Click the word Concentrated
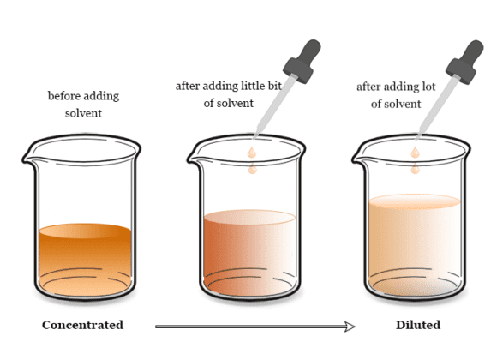click(82, 325)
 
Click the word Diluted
click(418, 325)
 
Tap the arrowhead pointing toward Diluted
click(350, 327)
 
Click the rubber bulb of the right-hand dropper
click(465, 62)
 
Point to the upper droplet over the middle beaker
click(252, 153)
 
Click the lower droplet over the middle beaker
click(253, 169)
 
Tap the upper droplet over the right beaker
click(416, 153)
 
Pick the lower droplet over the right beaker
click(416, 169)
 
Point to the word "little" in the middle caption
click(249, 86)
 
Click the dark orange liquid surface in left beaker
click(85, 231)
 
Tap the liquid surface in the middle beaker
click(249, 217)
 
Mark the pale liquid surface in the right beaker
click(415, 201)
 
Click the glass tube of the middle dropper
click(274, 106)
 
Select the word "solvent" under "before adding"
click(83, 113)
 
